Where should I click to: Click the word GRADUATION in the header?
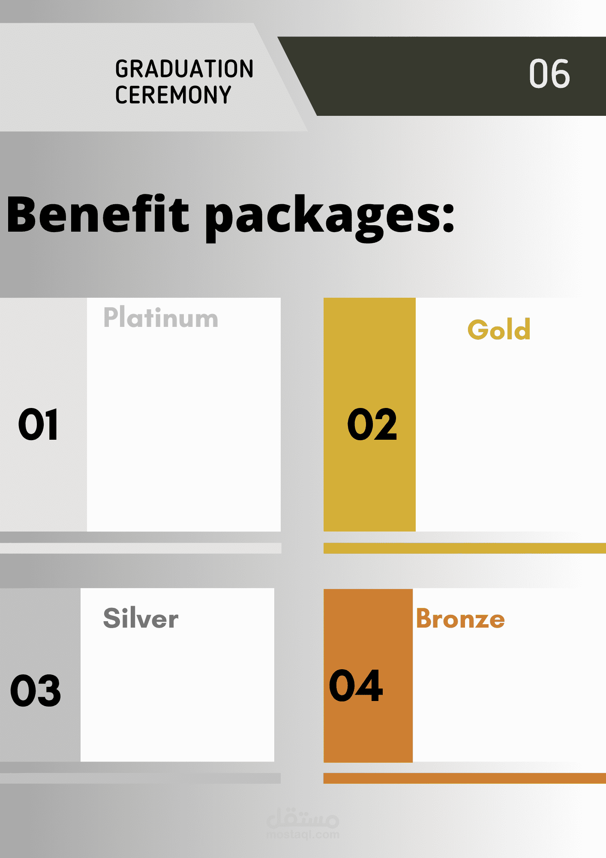[184, 69]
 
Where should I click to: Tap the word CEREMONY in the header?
[173, 95]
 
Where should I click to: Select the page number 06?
[549, 74]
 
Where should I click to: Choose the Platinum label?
[161, 318]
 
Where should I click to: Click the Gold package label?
[499, 329]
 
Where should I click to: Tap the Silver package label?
[141, 618]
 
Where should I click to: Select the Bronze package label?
[460, 619]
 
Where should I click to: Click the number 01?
[38, 424]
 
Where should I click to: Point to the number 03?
[36, 690]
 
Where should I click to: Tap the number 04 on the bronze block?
[356, 686]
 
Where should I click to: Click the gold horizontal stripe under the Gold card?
[465, 548]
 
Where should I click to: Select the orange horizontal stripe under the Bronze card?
[465, 778]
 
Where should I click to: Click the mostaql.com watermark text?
[303, 834]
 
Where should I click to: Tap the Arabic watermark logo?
[303, 818]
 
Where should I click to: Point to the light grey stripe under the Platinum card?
[141, 548]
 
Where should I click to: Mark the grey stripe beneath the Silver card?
[140, 778]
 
